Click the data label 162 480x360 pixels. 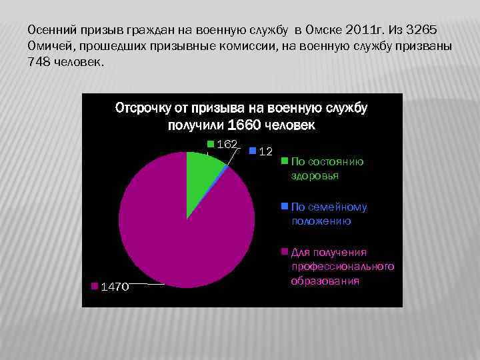228,145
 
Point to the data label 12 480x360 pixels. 265,152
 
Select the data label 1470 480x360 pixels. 114,287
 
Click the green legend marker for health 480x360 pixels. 285,161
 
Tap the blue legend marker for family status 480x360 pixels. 285,206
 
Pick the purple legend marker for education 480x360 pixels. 285,251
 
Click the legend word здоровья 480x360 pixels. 315,175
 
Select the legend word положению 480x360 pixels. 321,221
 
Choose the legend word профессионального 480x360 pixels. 343,267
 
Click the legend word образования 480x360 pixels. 325,281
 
